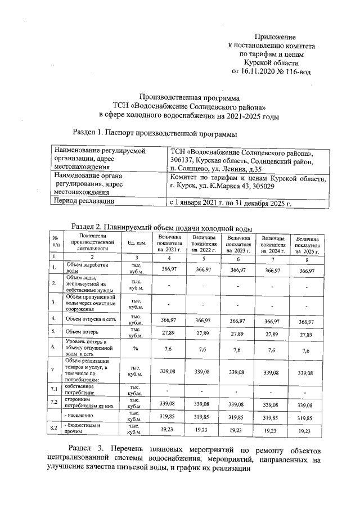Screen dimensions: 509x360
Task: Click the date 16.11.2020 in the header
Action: (x=259, y=72)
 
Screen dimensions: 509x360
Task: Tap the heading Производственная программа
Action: (x=188, y=97)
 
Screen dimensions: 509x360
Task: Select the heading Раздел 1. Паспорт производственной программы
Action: (x=155, y=134)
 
